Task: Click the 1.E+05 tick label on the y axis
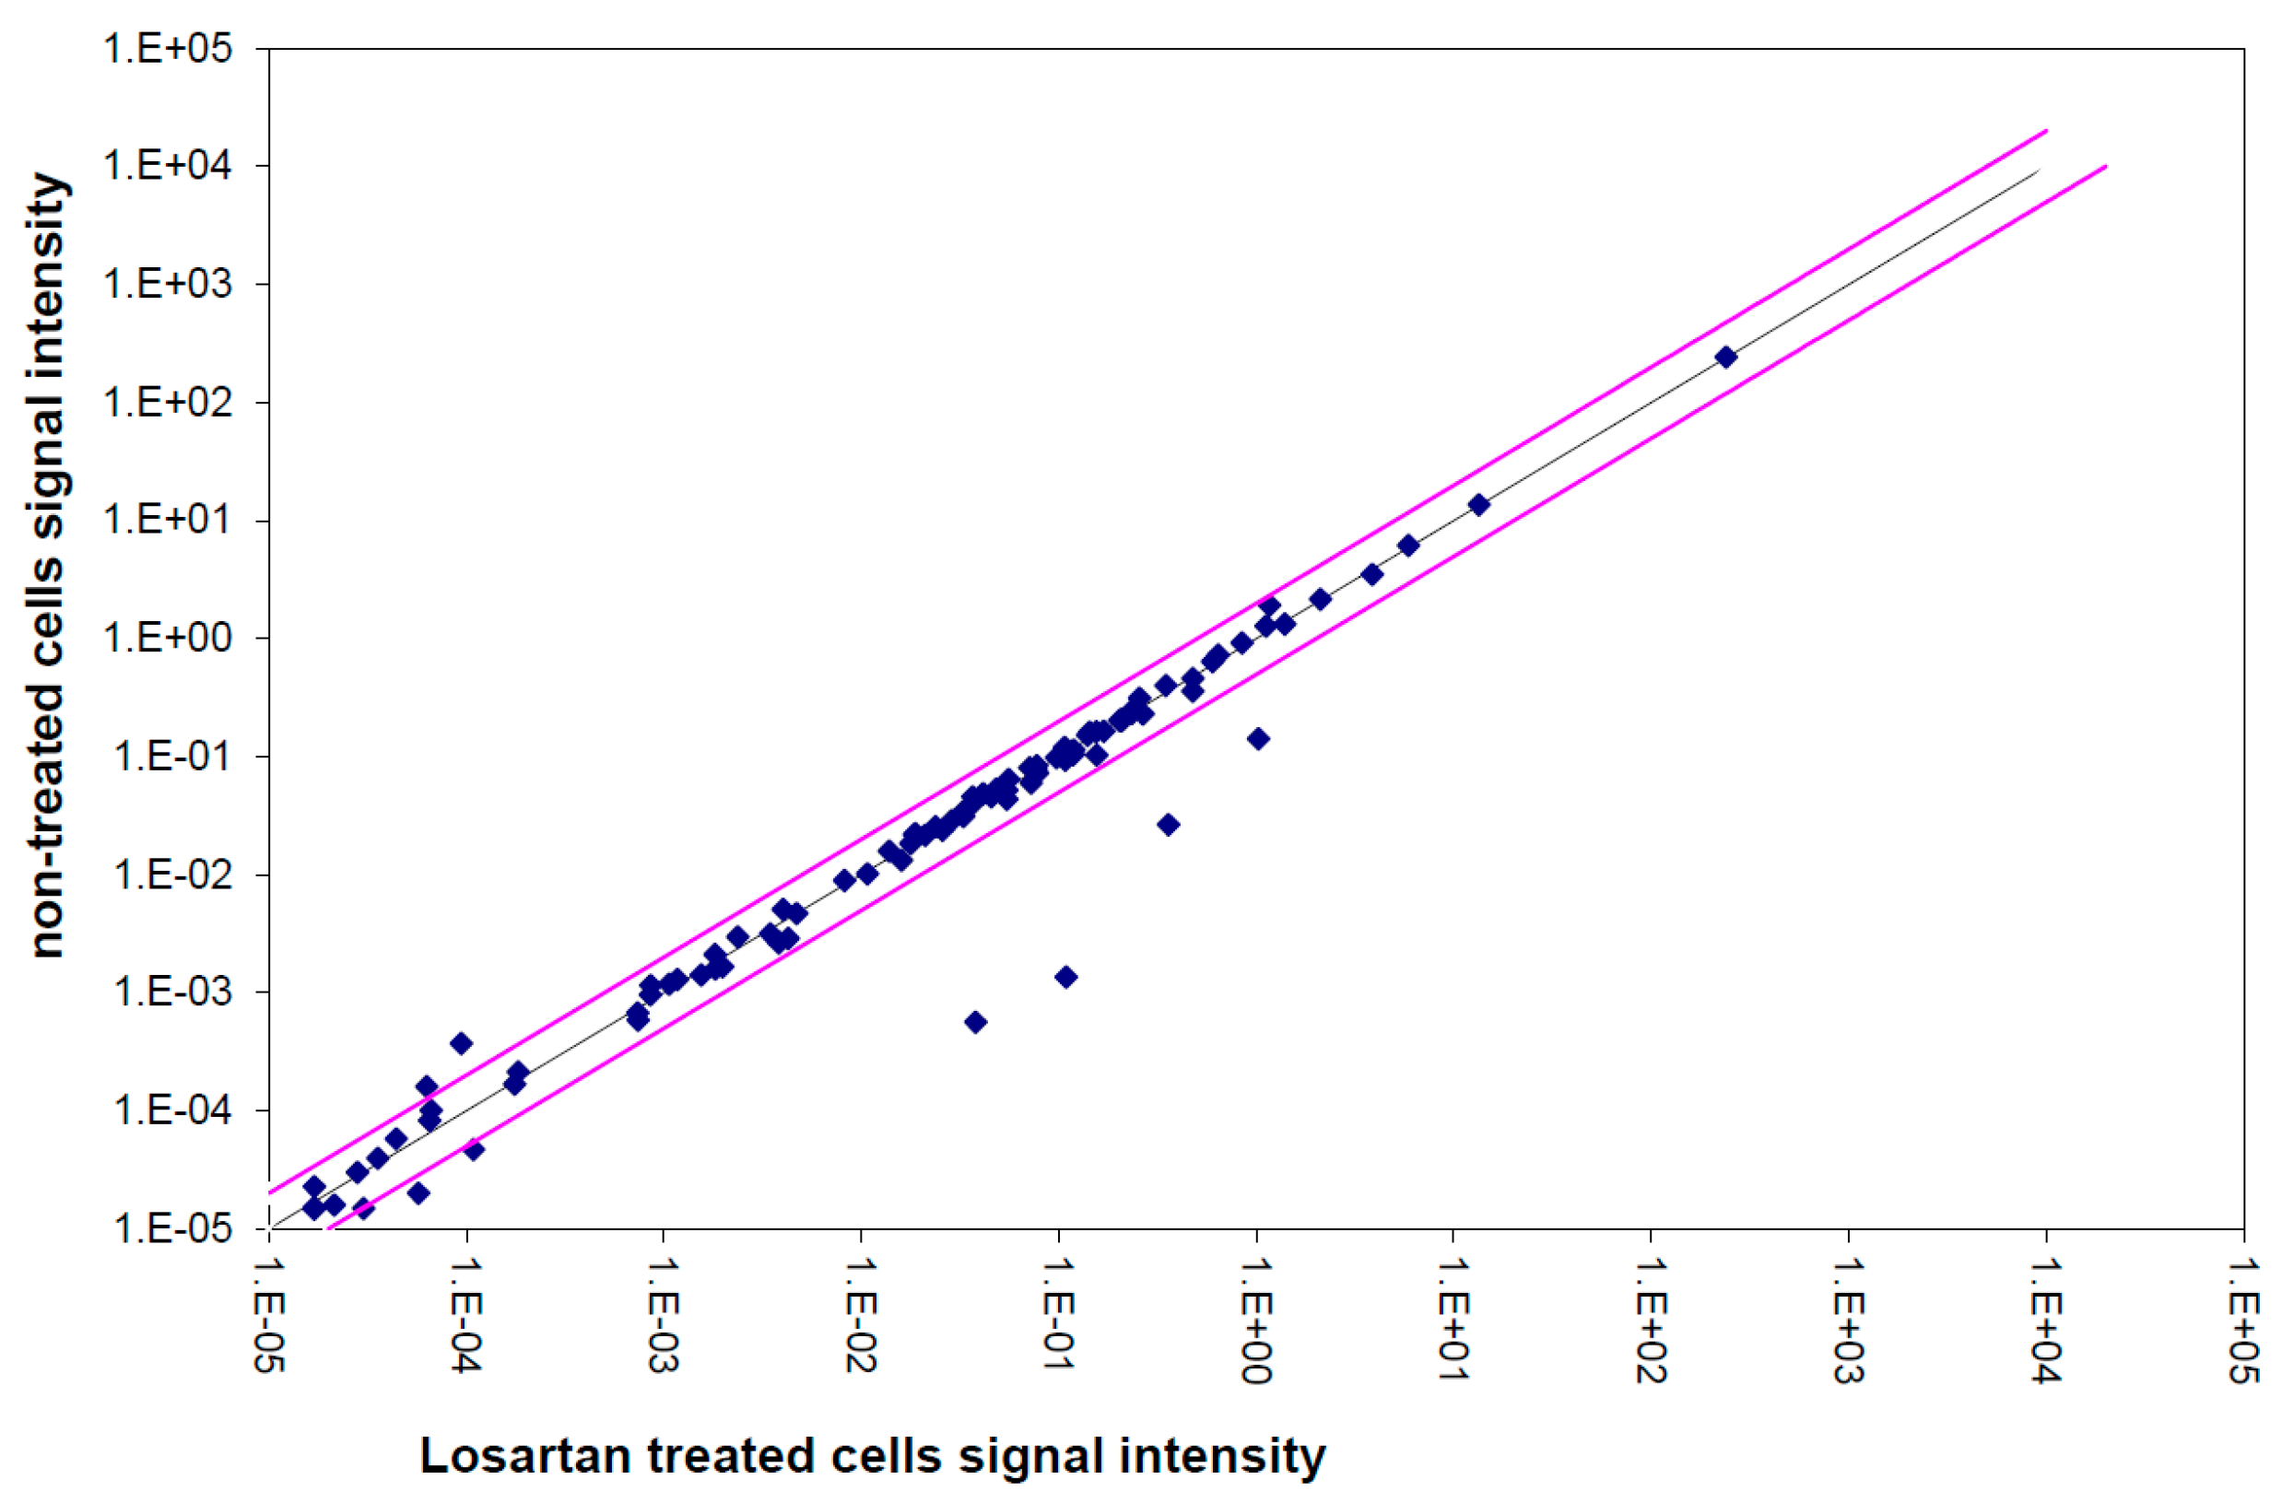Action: point(168,48)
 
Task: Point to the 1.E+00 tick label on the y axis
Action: point(168,639)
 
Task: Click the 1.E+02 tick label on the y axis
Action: point(168,403)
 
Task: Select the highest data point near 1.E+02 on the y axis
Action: point(1726,358)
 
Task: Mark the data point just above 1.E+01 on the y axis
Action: point(1478,505)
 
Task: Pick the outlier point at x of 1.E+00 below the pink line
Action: point(1258,738)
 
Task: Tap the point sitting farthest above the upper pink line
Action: point(461,1044)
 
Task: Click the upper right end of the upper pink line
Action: point(2046,130)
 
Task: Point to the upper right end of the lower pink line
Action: point(2106,167)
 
